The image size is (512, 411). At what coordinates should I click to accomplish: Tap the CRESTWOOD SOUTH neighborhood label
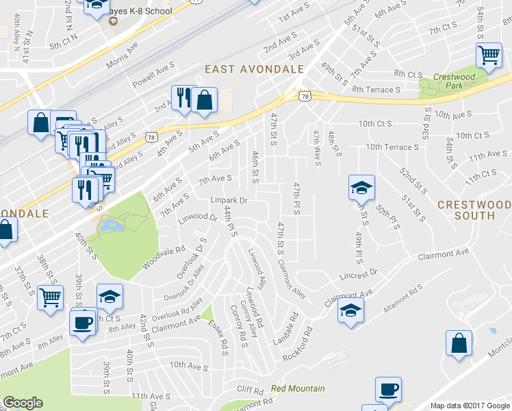point(474,210)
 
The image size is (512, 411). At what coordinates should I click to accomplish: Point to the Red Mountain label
point(298,388)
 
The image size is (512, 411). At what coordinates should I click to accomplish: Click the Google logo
point(23,403)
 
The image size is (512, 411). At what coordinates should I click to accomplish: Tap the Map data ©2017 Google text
point(470,406)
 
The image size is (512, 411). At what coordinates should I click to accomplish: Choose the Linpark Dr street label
point(228,200)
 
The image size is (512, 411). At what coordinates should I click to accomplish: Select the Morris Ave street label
point(122,55)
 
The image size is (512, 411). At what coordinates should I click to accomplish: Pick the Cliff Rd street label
point(250,390)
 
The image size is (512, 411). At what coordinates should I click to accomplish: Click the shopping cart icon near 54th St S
point(489,55)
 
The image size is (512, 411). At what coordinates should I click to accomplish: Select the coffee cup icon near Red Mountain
point(388,389)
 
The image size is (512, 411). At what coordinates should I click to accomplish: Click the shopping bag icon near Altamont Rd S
point(459,343)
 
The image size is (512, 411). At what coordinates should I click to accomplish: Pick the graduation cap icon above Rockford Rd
point(350,310)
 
